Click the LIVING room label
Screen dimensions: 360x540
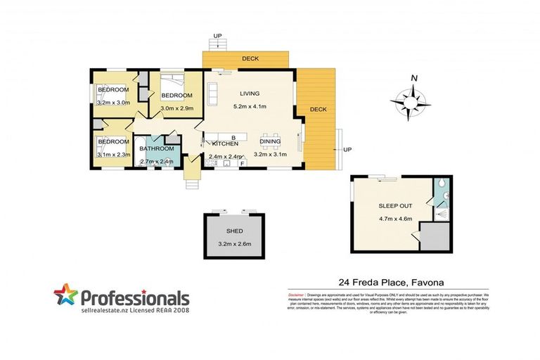click(250, 94)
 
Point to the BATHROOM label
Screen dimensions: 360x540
click(155, 148)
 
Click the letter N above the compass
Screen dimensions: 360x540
click(414, 78)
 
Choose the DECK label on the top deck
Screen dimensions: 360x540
click(249, 59)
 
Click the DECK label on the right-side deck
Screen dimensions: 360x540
click(318, 109)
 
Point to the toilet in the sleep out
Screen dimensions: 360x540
click(439, 186)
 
